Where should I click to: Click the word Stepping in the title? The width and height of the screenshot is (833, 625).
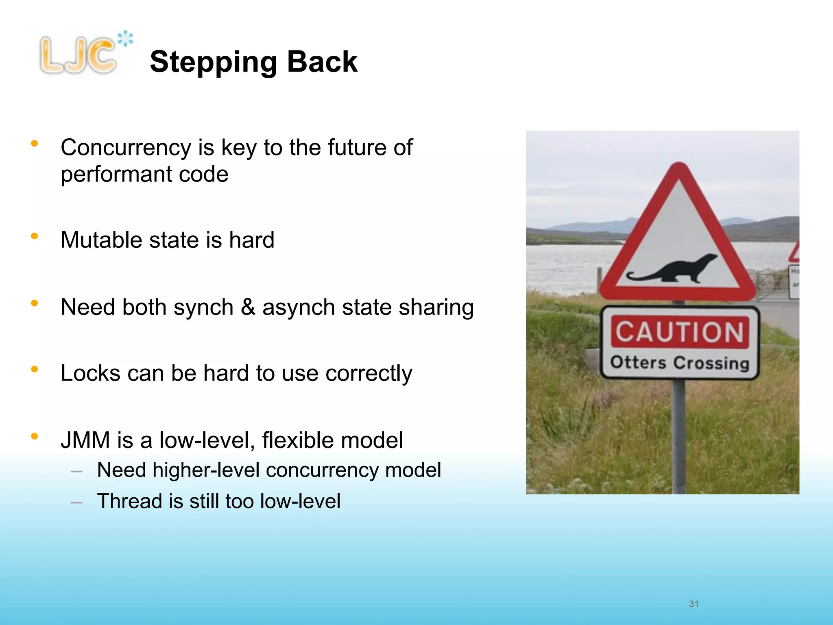[x=214, y=62]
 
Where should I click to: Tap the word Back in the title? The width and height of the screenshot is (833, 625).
[x=322, y=62]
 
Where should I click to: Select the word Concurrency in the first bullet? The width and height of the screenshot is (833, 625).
[x=126, y=148]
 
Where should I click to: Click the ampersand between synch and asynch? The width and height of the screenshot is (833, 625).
[x=248, y=307]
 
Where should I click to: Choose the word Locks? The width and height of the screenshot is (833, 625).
[x=90, y=373]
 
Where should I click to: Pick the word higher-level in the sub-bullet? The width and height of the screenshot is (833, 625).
[x=206, y=470]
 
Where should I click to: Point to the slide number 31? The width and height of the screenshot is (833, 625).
[x=693, y=604]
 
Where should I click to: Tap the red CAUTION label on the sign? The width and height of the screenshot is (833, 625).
[x=680, y=332]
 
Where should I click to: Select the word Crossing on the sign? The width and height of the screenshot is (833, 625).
[x=711, y=363]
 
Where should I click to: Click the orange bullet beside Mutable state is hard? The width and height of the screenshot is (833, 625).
[x=35, y=236]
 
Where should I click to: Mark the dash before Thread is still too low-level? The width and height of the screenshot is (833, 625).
[x=76, y=503]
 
